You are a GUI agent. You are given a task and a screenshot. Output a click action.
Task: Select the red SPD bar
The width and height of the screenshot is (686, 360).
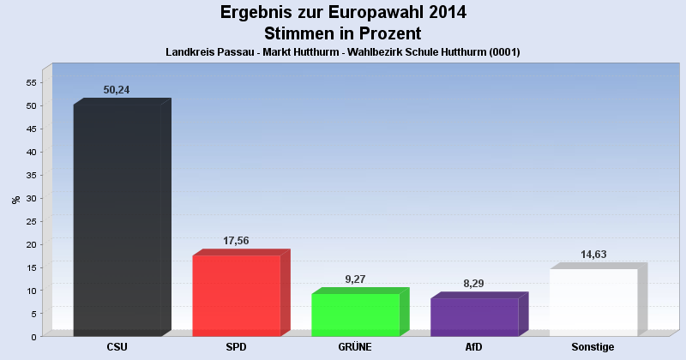pyautogui.click(x=237, y=296)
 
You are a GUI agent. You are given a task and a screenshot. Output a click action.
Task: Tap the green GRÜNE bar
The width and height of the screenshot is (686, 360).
pyautogui.click(x=355, y=315)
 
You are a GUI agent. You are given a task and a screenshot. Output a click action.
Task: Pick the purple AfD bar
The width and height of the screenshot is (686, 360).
pyautogui.click(x=474, y=317)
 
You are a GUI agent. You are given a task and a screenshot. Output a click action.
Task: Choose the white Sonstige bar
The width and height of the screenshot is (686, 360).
pyautogui.click(x=593, y=303)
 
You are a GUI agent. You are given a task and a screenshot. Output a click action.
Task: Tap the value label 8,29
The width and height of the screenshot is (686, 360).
pyautogui.click(x=473, y=284)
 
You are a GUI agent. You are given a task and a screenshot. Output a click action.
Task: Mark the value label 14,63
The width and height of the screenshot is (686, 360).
pyautogui.click(x=593, y=255)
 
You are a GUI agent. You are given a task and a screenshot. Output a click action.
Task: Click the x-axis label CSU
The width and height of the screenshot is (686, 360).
pyautogui.click(x=117, y=347)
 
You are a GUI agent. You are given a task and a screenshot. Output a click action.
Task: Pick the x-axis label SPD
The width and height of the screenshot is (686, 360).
pyautogui.click(x=237, y=347)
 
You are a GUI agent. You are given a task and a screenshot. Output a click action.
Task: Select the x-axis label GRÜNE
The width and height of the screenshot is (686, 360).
pyautogui.click(x=355, y=347)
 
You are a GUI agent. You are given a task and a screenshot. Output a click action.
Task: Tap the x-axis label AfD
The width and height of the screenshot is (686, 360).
pyautogui.click(x=474, y=347)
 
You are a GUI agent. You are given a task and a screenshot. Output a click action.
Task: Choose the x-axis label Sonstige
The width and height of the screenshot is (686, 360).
pyautogui.click(x=593, y=347)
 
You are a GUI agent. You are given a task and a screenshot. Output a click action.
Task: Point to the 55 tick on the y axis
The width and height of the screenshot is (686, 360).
pyautogui.click(x=31, y=82)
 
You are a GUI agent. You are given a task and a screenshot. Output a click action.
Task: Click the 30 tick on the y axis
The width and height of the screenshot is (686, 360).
pyautogui.click(x=31, y=198)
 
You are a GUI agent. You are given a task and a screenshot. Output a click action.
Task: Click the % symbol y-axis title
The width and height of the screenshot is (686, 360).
pyautogui.click(x=15, y=200)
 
